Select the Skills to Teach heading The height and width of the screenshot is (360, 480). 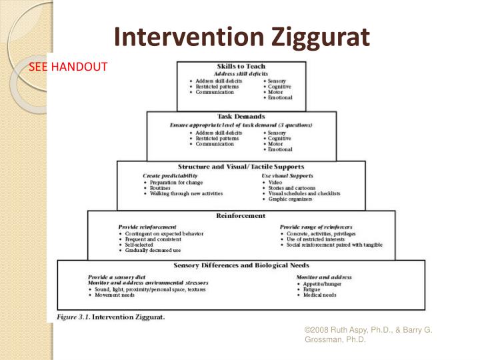pyautogui.click(x=241, y=66)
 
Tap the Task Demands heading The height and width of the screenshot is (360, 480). pyautogui.click(x=241, y=116)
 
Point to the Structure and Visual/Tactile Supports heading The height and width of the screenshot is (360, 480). pyautogui.click(x=241, y=166)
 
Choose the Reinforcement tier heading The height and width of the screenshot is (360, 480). pyautogui.click(x=241, y=215)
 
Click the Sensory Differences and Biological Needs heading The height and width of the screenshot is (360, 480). pyautogui.click(x=241, y=265)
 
